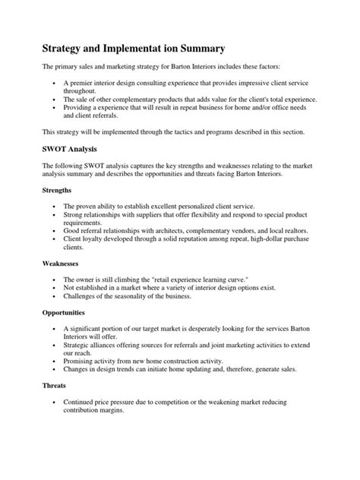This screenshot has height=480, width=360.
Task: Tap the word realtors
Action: click(321, 227)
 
